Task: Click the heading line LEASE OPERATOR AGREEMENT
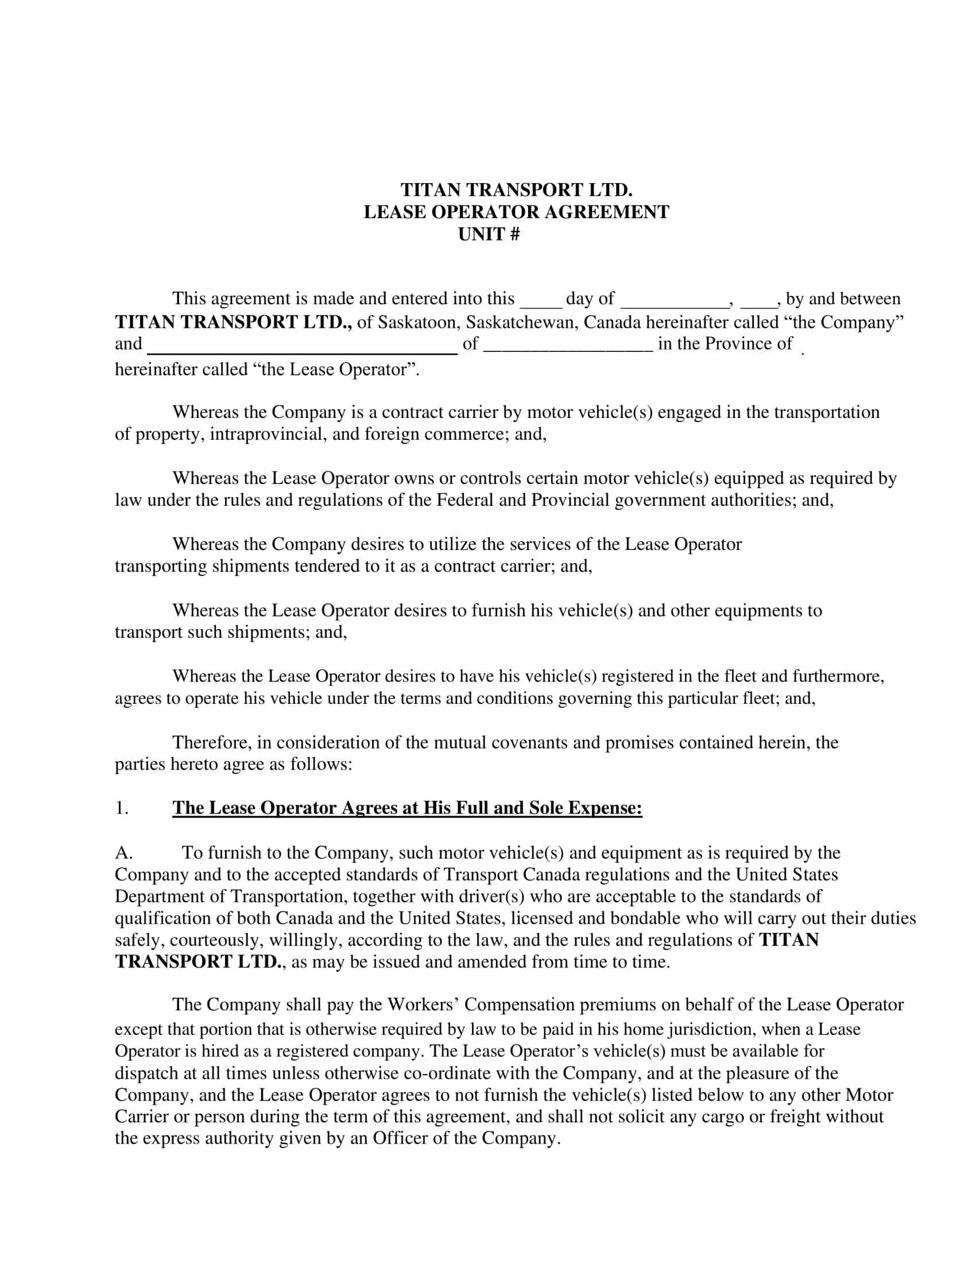point(516,212)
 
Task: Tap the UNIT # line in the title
point(489,234)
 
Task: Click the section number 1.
point(121,808)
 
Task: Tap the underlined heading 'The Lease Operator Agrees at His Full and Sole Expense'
point(407,808)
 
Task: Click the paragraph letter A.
point(125,853)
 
